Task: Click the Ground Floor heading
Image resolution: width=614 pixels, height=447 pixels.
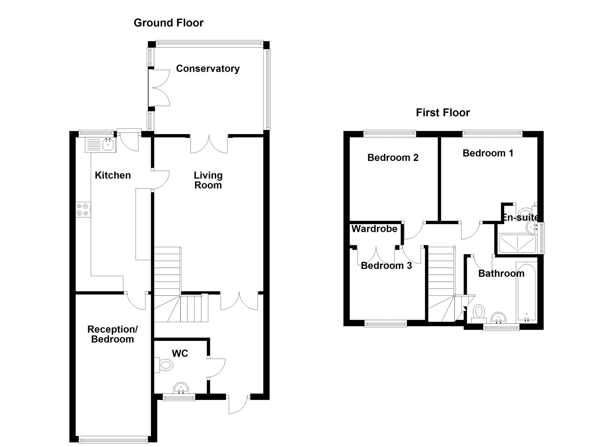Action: click(x=168, y=23)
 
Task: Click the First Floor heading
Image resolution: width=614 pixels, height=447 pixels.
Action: click(x=443, y=113)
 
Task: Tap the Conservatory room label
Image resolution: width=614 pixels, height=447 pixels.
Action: click(x=208, y=69)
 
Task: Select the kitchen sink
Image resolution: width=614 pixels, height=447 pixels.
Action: click(x=100, y=145)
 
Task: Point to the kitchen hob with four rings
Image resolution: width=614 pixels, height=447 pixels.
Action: click(x=83, y=210)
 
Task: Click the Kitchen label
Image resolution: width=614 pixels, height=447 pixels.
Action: click(x=113, y=175)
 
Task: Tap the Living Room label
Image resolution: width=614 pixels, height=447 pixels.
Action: click(x=208, y=180)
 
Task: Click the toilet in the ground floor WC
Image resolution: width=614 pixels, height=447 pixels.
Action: click(x=164, y=365)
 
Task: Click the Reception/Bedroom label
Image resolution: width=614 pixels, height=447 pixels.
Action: click(x=112, y=334)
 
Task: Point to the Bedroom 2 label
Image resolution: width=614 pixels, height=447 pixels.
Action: click(x=393, y=158)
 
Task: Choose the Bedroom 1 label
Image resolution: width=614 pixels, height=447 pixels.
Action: click(x=488, y=153)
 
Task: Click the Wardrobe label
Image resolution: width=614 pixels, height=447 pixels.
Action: click(x=374, y=229)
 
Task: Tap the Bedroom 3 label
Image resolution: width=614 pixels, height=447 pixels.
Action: click(x=386, y=266)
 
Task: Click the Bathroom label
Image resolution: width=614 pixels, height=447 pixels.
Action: click(x=501, y=273)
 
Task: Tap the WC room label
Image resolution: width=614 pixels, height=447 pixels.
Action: click(x=180, y=354)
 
